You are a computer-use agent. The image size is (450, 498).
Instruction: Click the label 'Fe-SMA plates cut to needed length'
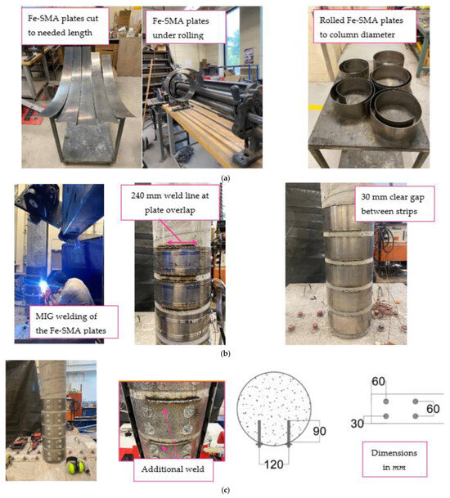pos(65,25)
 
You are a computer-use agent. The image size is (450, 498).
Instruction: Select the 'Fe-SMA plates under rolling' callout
pos(186,28)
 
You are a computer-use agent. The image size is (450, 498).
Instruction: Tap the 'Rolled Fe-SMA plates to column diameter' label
pos(365,27)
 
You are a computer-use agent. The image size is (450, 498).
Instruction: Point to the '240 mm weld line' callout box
pos(169,203)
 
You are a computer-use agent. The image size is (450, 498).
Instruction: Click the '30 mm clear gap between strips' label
pos(394,204)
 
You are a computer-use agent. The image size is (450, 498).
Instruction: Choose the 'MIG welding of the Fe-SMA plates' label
pos(74,322)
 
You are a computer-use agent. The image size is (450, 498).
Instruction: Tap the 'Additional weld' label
pos(173,469)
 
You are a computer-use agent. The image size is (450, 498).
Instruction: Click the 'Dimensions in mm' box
pos(394,460)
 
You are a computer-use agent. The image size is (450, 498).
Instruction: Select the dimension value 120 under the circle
pos(273,464)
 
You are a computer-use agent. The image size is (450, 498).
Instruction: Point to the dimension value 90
pos(319,431)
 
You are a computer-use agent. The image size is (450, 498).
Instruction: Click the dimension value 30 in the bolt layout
pos(358,424)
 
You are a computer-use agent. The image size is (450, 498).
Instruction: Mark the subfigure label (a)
pos(225,178)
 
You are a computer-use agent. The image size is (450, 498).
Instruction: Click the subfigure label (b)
pos(225,353)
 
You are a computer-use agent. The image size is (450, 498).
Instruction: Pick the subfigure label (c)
pos(225,491)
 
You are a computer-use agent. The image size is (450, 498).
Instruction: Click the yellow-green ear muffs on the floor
pos(76,466)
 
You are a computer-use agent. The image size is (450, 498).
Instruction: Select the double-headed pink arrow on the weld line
pos(182,243)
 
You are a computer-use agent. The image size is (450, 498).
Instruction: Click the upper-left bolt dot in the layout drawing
pos(386,402)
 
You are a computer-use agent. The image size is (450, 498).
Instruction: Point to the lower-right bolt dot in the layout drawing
pos(415,416)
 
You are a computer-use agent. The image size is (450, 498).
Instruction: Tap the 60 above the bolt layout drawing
pos(378,381)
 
